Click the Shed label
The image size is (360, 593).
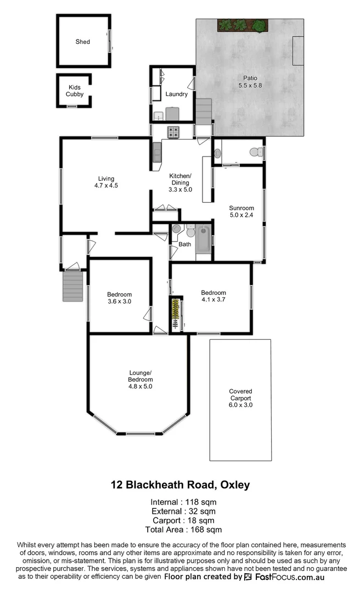(83, 42)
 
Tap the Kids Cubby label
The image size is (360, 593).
(75, 91)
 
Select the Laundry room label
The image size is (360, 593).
(177, 94)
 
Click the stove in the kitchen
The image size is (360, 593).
(173, 132)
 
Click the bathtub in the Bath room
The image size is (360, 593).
(203, 239)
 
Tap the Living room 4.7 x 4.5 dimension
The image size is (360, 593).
(106, 186)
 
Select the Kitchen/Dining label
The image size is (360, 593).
(180, 179)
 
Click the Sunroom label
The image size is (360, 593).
(241, 208)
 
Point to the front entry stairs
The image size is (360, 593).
(72, 286)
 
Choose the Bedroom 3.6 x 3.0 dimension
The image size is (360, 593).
(119, 301)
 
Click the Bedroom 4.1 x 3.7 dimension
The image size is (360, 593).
(213, 300)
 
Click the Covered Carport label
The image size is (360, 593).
(240, 395)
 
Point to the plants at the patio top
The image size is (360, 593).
(242, 25)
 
